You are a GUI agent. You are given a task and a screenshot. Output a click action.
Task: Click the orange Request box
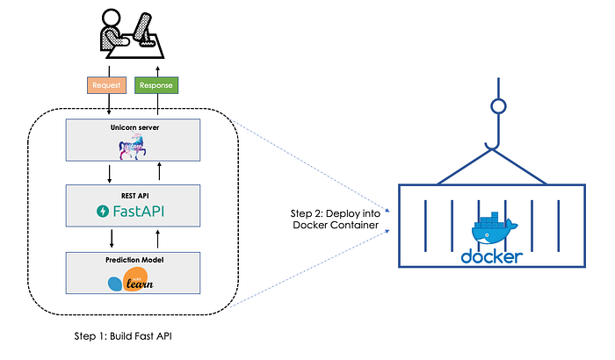pos(107,86)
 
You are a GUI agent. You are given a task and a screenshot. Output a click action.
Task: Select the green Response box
pos(156,86)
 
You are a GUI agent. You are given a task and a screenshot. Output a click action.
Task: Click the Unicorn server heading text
pos(133,128)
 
